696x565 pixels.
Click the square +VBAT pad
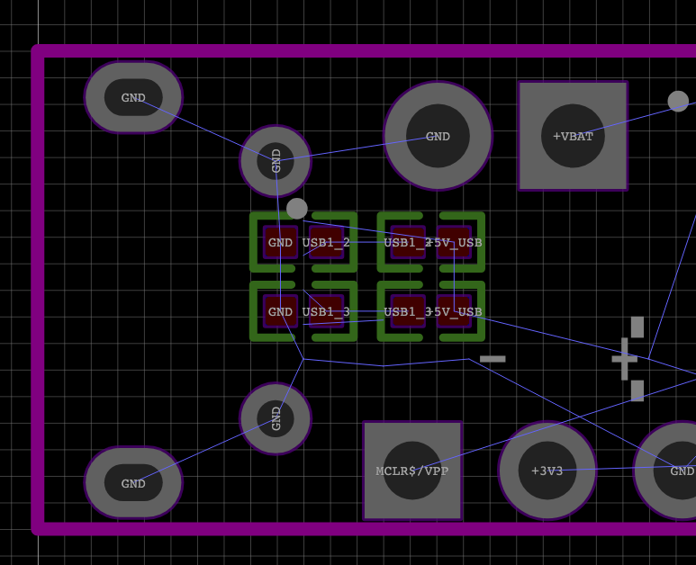(x=573, y=136)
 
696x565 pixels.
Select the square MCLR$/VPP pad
(x=412, y=471)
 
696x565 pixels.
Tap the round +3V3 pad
(x=547, y=471)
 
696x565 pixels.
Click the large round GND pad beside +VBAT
(x=438, y=136)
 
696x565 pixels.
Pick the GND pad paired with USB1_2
(x=280, y=242)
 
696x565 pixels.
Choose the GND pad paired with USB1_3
(x=280, y=311)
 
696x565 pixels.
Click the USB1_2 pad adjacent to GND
(x=326, y=242)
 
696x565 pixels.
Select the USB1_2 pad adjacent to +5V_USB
(x=408, y=242)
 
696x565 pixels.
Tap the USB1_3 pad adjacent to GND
(x=326, y=311)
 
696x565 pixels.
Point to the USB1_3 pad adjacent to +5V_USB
(x=408, y=311)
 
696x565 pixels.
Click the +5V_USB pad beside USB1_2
(x=454, y=242)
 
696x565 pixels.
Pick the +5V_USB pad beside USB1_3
(x=454, y=311)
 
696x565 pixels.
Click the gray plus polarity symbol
(x=625, y=358)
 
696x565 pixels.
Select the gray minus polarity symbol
(x=493, y=359)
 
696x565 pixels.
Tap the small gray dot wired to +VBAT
(x=678, y=101)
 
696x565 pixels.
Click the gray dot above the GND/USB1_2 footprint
(x=296, y=209)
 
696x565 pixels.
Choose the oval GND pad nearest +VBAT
(x=133, y=97)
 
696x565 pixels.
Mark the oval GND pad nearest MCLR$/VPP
(x=133, y=483)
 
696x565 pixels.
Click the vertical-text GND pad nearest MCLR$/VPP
(x=276, y=418)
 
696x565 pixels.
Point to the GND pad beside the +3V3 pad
(x=677, y=471)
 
